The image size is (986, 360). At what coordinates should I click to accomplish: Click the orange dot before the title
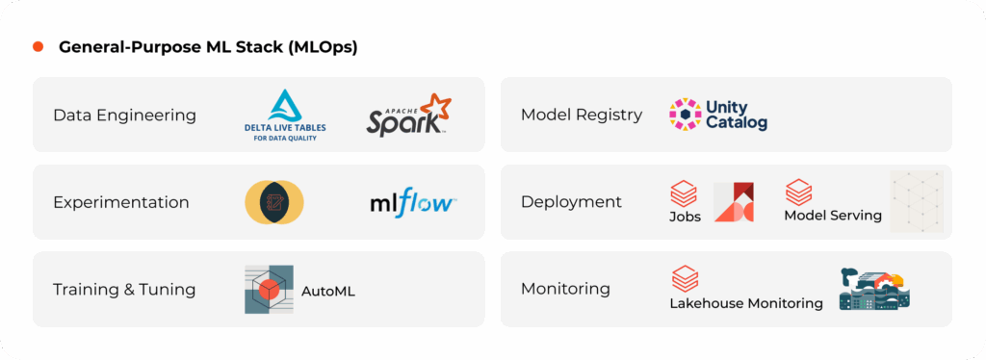38,47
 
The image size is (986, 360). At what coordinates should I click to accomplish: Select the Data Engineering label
124,116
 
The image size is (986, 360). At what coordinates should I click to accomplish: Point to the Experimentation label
121,202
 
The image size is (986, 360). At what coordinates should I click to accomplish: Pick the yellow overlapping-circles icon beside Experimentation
274,202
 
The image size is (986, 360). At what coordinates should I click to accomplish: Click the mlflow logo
413,203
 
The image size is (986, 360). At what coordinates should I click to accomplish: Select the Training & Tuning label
124,290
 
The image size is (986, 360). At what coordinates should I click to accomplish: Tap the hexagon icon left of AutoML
269,290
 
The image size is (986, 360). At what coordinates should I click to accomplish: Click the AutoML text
328,291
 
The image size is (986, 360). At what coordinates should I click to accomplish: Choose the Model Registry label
582,115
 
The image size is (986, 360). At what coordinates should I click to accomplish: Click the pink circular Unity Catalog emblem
686,115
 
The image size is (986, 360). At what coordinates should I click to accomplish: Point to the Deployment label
571,202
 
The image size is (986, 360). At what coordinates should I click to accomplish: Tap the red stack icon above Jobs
684,193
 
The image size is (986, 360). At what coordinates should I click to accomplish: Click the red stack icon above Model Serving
799,191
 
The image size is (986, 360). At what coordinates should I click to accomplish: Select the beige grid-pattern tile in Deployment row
917,202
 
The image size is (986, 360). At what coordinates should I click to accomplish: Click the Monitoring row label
565,289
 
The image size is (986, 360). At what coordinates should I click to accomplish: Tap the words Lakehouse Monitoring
746,303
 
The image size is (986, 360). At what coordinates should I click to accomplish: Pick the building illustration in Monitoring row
874,289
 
